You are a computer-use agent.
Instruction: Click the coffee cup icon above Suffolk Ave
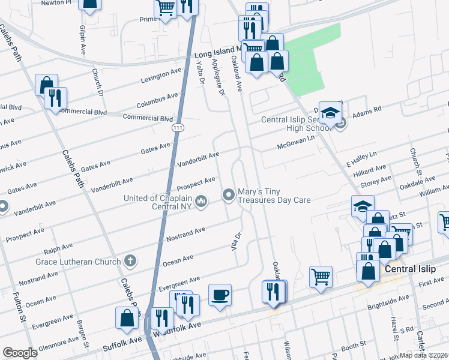220,295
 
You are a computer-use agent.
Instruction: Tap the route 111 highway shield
178,128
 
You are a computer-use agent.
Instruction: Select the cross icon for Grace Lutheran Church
129,260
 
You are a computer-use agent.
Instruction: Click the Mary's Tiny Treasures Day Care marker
229,194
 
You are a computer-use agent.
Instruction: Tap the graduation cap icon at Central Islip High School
330,112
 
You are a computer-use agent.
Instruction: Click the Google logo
20,352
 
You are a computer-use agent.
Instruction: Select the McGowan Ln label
295,143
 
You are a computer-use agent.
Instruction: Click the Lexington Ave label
161,76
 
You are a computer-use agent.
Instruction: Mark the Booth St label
354,346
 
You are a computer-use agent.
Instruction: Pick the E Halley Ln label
361,158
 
